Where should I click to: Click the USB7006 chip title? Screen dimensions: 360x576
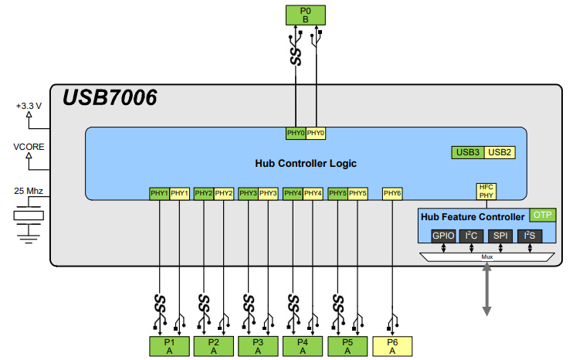tap(110, 98)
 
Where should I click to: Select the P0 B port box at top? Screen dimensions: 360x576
tap(305, 15)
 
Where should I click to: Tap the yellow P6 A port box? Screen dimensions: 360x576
tap(392, 346)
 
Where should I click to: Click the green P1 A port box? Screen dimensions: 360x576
tap(169, 346)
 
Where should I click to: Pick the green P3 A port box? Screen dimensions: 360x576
tap(259, 346)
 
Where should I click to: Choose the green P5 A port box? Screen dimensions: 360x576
tap(347, 346)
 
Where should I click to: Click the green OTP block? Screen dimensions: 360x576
tap(543, 216)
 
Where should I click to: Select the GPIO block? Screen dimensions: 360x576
tap(443, 235)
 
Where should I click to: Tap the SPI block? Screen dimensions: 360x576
tap(500, 235)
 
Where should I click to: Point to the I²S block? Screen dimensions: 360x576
tap(529, 235)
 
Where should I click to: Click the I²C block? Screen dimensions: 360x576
tap(472, 235)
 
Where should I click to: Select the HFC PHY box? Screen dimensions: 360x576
tap(486, 191)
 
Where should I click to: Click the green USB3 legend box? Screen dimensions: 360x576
tap(468, 152)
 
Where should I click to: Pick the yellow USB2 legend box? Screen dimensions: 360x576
tap(500, 152)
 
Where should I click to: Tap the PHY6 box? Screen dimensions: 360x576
tap(392, 193)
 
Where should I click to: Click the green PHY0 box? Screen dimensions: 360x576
tap(296, 133)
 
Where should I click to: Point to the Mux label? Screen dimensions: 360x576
tap(486, 256)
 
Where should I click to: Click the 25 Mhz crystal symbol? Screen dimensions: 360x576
tap(29, 216)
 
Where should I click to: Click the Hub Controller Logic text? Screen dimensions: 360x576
tap(306, 163)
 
